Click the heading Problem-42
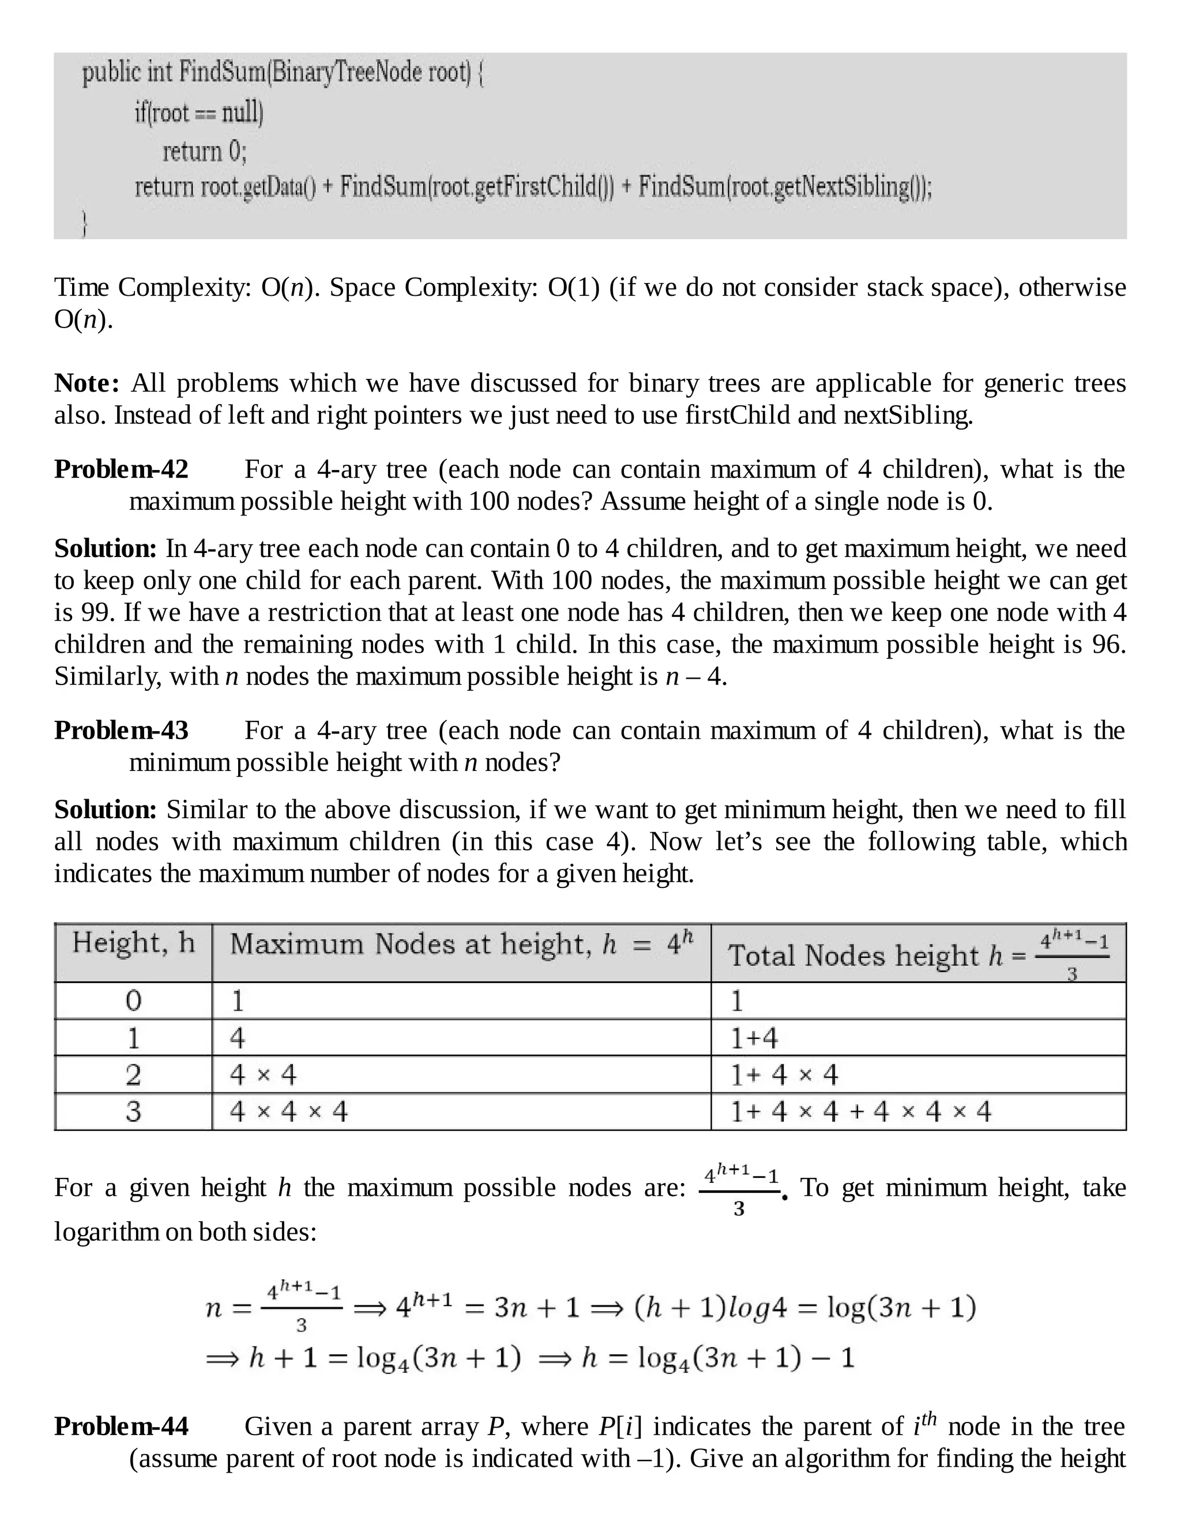coord(121,469)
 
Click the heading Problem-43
coord(121,731)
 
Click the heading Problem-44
coord(121,1427)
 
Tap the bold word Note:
coord(86,383)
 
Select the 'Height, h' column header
coord(133,943)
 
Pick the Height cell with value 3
coord(133,1111)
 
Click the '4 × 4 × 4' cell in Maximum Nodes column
coord(288,1111)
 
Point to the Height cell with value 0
coord(133,1001)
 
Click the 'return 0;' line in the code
coord(204,151)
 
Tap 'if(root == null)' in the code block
coord(199,112)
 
